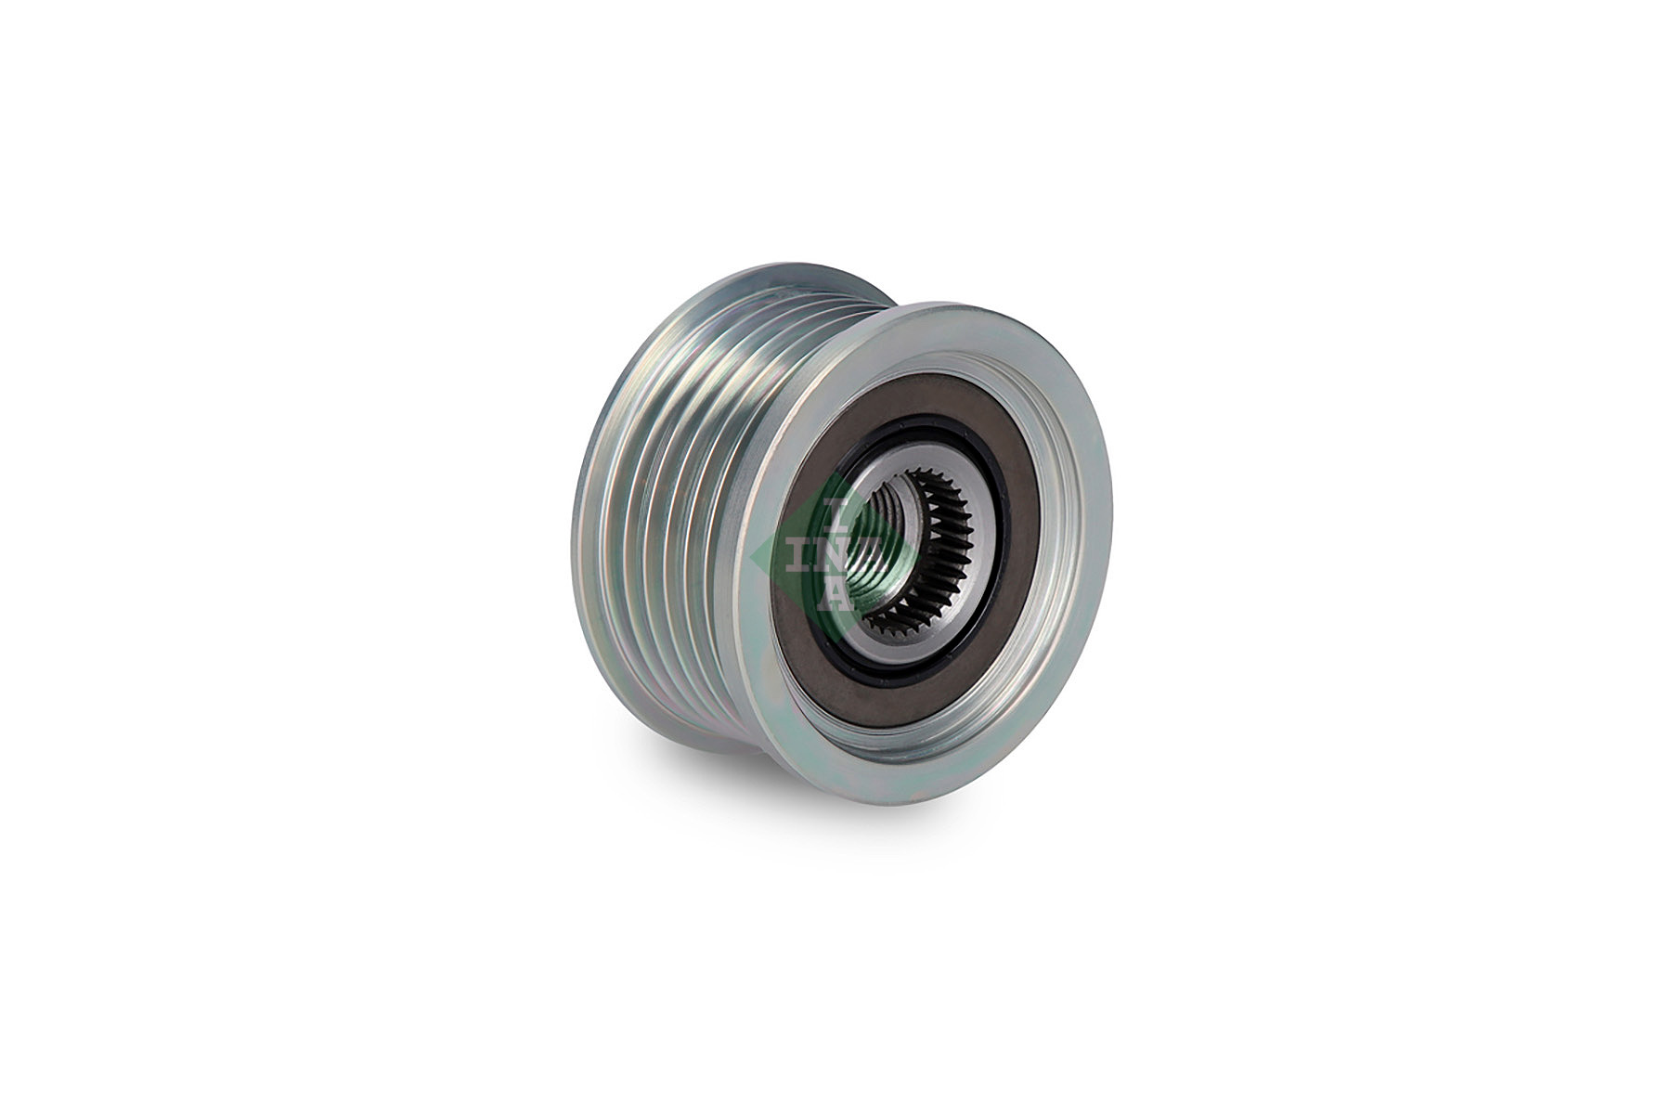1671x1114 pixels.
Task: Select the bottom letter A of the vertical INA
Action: tap(835, 596)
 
